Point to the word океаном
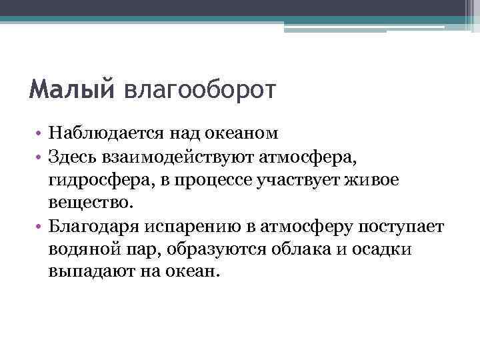click(241, 135)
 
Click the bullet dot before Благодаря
click(41, 227)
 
